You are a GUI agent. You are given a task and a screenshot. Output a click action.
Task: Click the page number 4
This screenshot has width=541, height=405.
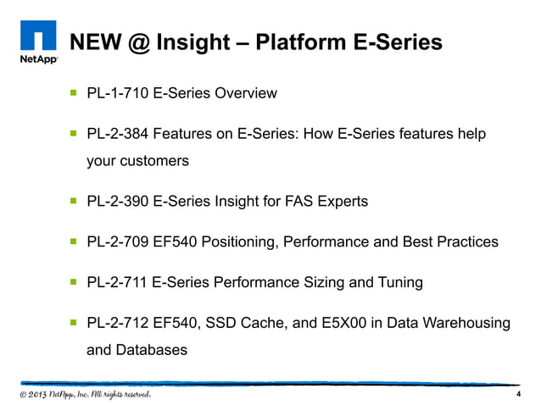(517, 395)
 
